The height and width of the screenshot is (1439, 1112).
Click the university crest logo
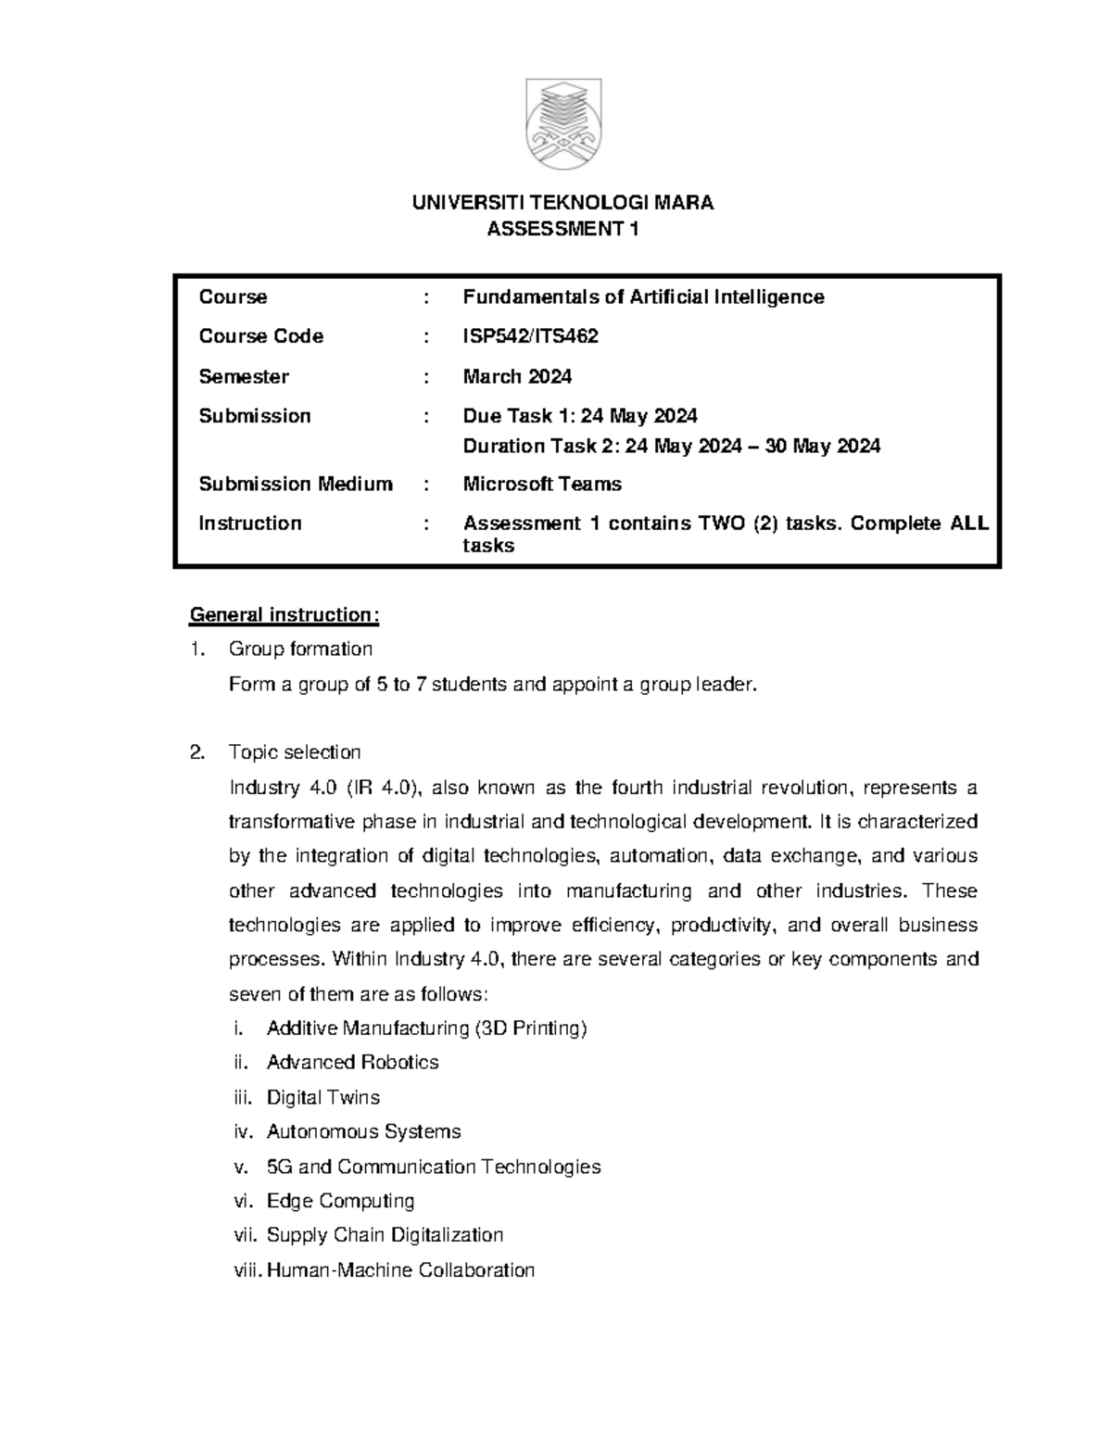(563, 124)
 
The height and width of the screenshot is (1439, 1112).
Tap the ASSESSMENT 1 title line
(563, 229)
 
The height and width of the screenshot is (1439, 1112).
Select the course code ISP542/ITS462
(530, 336)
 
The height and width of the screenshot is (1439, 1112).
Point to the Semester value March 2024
(517, 376)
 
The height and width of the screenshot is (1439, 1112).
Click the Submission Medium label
(296, 484)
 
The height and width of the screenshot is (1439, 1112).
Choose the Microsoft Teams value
(542, 484)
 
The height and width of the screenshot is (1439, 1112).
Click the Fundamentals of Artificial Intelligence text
(643, 297)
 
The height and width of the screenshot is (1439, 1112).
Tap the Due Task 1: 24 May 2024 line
(580, 415)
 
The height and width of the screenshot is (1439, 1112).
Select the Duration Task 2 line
(671, 446)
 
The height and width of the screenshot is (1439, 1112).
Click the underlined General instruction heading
(284, 615)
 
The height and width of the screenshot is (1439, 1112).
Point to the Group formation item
(300, 649)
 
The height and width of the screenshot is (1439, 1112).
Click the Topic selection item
(295, 751)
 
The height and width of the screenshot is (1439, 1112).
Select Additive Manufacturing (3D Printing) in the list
(426, 1028)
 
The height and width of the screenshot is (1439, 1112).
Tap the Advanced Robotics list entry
(352, 1062)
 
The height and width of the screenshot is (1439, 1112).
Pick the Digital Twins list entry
(322, 1097)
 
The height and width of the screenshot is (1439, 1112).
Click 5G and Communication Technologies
(433, 1167)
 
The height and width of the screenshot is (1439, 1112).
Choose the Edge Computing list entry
(340, 1201)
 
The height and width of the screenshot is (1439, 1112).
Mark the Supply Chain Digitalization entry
(385, 1235)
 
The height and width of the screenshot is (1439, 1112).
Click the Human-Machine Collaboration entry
(400, 1269)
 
